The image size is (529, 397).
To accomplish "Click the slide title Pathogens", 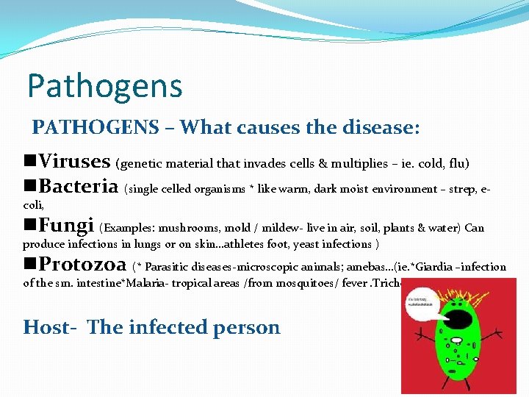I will (x=104, y=86).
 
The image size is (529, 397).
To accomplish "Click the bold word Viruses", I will (x=74, y=160).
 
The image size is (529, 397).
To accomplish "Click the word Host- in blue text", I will (x=51, y=326).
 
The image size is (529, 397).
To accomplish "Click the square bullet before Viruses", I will (x=30, y=161).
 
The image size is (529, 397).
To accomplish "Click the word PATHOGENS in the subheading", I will (x=96, y=128).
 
